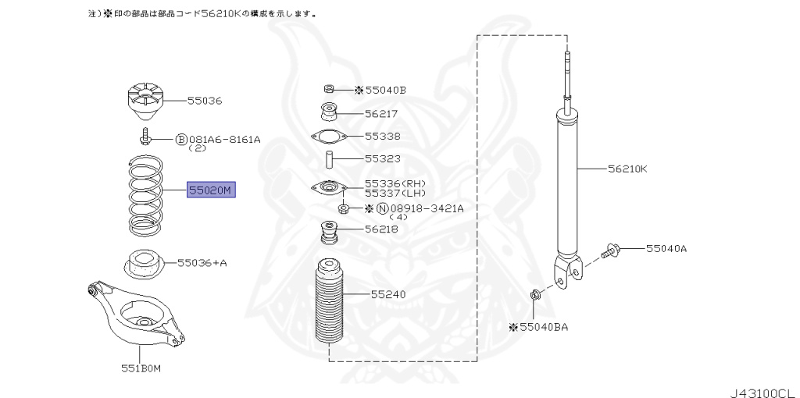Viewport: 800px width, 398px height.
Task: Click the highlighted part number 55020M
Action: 210,190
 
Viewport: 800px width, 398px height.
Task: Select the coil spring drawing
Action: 146,197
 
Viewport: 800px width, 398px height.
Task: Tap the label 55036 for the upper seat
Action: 205,101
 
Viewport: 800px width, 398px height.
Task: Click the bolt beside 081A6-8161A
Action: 146,140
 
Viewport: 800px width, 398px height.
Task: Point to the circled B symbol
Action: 181,140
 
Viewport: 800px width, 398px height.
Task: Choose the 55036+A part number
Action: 202,263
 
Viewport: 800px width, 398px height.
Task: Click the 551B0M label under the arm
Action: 141,368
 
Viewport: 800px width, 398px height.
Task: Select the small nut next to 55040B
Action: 330,90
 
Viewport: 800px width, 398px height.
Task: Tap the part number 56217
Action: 381,113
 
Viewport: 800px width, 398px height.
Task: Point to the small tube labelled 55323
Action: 330,158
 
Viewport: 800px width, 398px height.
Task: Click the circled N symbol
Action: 382,208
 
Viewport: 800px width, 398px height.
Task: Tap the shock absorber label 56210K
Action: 627,168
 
